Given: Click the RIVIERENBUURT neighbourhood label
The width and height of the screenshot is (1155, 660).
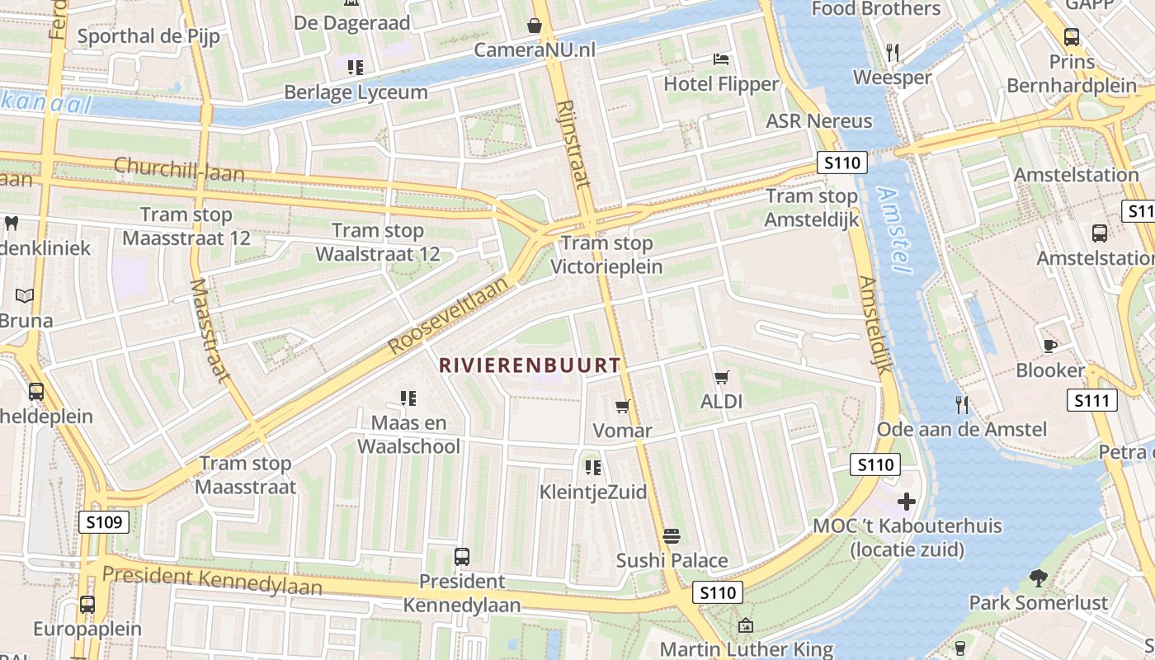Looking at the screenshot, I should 530,365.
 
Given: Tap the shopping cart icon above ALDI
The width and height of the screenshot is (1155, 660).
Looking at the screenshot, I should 722,378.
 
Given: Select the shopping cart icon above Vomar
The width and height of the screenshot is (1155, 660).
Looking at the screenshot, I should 623,406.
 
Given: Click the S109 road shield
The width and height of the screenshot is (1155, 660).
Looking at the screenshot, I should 104,521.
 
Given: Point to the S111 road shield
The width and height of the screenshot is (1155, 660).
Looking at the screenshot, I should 1092,401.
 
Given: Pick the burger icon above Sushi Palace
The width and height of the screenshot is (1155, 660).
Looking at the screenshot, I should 672,536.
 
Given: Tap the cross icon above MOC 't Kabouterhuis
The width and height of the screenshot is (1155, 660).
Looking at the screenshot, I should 907,502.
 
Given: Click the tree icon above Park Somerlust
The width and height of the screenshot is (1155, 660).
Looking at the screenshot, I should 1038,577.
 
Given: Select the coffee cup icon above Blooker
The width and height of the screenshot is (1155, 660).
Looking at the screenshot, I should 1049,346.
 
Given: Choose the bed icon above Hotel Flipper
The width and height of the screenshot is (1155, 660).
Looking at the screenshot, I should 721,59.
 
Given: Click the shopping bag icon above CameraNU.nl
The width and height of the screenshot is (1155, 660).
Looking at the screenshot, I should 535,26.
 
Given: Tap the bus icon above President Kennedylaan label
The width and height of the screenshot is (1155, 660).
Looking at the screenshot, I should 462,557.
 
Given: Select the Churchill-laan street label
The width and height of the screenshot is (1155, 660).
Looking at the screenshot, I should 179,168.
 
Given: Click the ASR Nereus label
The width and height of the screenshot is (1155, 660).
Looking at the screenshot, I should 818,121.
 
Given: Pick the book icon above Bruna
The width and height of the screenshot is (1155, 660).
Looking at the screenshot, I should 26,295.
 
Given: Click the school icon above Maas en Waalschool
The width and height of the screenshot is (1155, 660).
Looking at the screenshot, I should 408,398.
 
